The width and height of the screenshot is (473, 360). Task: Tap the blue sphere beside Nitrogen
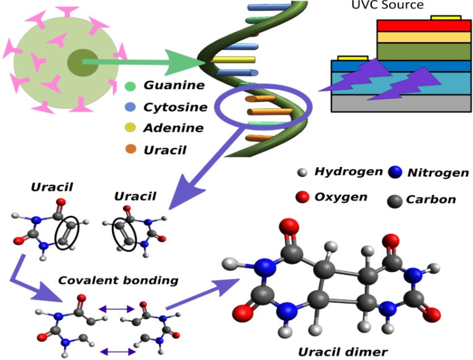396,173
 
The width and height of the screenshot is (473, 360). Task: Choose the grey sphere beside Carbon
395,200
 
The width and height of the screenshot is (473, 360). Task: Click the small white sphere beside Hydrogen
303,172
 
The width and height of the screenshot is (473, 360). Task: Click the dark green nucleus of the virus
78,62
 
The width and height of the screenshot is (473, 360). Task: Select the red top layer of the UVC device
422,26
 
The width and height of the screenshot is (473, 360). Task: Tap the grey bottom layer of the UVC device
401,103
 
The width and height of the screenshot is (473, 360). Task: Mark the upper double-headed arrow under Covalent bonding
117,309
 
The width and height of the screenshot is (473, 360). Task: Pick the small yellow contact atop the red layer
446,18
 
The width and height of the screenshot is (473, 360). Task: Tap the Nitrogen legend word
438,173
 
